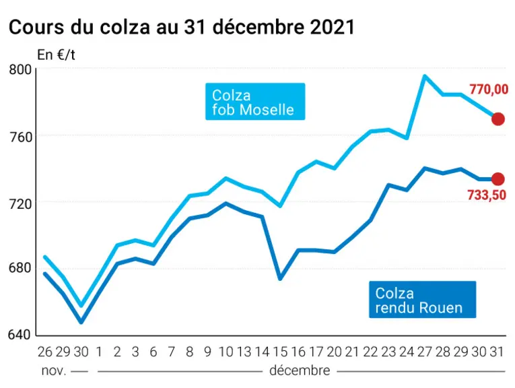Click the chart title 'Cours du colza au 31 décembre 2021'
182,27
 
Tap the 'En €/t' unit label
56,55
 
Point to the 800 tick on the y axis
20,69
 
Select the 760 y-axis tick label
20,137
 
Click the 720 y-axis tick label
20,203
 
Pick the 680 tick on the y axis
20,267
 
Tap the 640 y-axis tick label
20,335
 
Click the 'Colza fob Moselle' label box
255,102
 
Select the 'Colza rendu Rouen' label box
422,299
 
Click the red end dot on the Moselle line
498,119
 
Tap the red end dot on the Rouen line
498,179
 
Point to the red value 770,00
489,90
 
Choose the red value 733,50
487,195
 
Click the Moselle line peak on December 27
425,76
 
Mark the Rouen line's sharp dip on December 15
280,279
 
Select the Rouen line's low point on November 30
81,322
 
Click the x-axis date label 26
44,352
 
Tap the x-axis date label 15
280,352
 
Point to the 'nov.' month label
54,371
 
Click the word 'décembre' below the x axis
300,370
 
